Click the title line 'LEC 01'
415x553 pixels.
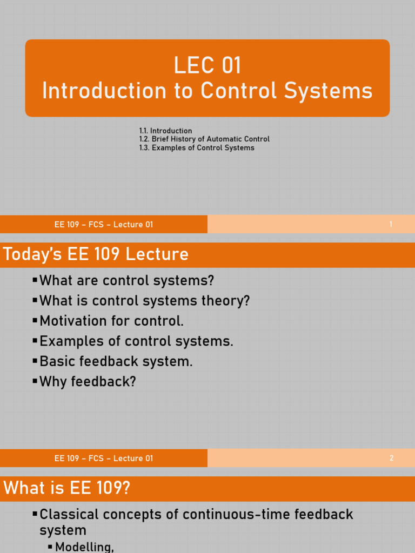(x=207, y=66)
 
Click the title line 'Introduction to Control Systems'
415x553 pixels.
(x=207, y=91)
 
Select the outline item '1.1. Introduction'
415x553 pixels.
(x=165, y=131)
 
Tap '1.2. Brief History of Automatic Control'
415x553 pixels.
(x=204, y=139)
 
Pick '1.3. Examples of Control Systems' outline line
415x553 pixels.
(x=196, y=148)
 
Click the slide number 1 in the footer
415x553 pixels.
(x=391, y=225)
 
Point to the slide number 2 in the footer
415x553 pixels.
(x=391, y=458)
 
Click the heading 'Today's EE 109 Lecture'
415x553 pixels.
(x=96, y=254)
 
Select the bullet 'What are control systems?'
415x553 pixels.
(x=127, y=281)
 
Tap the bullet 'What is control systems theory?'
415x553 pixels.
(x=145, y=301)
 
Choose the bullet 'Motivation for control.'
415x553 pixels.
(x=112, y=321)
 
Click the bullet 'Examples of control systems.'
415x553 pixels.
(x=136, y=341)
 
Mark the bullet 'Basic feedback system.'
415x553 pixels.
(x=116, y=361)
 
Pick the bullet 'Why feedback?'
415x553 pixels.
(x=88, y=382)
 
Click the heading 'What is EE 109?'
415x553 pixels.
(x=67, y=488)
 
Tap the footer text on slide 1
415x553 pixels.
(x=104, y=225)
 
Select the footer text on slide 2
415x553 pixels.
(x=104, y=458)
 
